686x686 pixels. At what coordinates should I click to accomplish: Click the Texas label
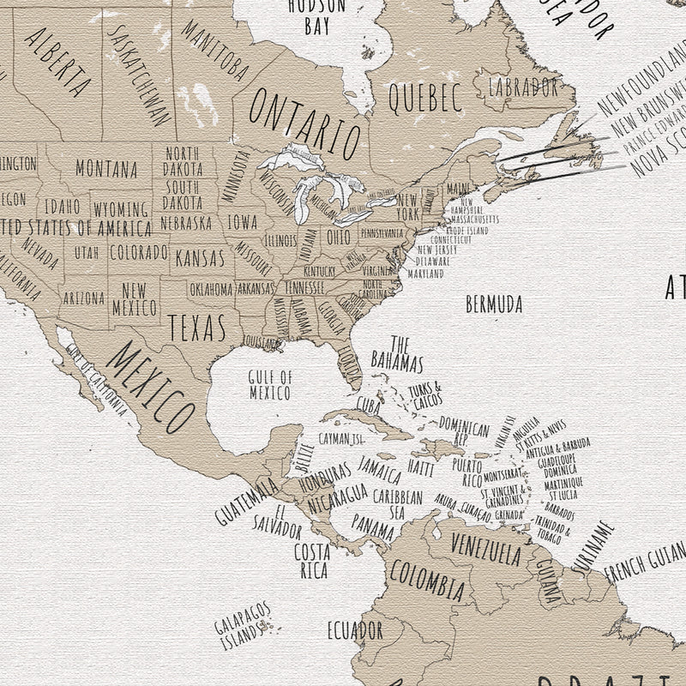tap(196, 327)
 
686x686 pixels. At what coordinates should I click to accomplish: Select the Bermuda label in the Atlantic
tap(495, 304)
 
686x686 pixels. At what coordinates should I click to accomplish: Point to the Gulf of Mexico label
tap(270, 384)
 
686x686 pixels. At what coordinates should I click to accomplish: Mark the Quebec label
tap(425, 98)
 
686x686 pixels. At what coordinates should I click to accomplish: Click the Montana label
tap(106, 168)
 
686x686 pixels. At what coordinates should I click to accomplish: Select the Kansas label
tap(199, 257)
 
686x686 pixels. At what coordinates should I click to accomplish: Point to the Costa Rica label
tap(312, 560)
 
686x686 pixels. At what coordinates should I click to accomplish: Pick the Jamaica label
tap(379, 470)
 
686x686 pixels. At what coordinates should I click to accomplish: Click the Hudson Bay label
tap(316, 15)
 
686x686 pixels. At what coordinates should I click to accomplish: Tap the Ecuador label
tap(355, 631)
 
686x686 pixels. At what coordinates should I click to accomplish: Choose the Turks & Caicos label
tap(426, 395)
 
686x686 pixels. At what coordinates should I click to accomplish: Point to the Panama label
tap(373, 526)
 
